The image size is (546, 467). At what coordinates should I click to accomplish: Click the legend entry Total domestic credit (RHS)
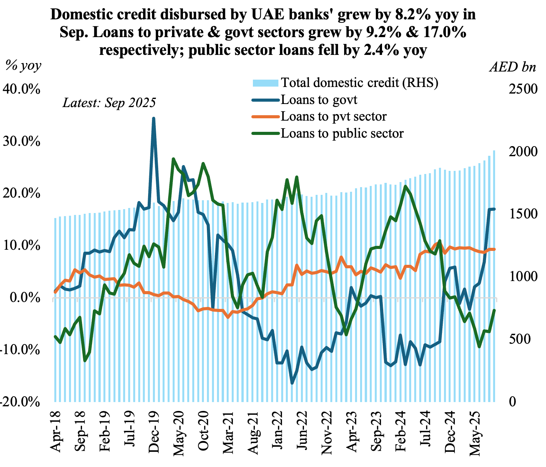point(360,83)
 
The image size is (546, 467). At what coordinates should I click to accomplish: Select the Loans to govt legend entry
point(319,100)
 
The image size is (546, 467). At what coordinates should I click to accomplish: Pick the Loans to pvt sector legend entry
point(334,116)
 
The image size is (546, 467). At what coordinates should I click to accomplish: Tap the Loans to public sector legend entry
point(342,133)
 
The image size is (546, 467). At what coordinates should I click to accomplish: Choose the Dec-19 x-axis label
point(155,429)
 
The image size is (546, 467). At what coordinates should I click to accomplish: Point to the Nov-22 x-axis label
point(328,429)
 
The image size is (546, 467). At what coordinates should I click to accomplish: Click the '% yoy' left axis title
point(23,66)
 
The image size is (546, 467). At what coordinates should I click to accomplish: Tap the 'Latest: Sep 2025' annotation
point(109,103)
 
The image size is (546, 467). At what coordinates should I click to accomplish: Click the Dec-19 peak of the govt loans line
point(154,118)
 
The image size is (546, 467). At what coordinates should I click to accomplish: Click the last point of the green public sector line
point(494,310)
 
